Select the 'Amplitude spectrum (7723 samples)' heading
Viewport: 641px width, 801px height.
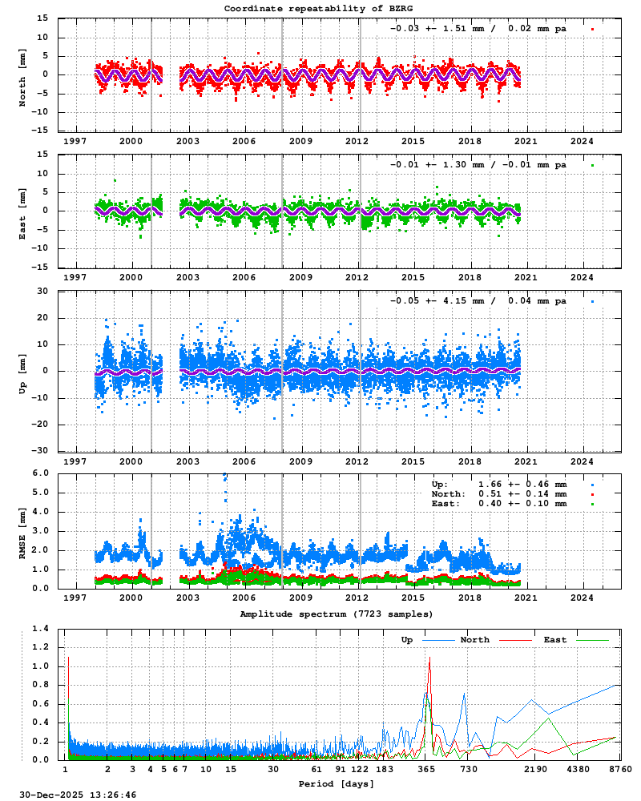[x=337, y=614]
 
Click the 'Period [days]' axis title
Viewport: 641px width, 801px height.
[x=337, y=783]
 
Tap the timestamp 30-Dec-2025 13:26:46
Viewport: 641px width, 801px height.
[x=68, y=795]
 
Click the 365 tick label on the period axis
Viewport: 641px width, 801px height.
[x=426, y=769]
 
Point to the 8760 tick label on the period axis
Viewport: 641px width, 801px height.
[x=620, y=769]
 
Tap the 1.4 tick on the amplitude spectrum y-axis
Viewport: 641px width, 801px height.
[x=50, y=629]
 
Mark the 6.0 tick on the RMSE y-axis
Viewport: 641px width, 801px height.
[x=50, y=473]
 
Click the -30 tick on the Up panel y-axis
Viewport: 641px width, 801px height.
[x=46, y=450]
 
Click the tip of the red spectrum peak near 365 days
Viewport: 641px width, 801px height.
[x=429, y=658]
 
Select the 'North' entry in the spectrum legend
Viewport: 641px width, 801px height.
[x=475, y=640]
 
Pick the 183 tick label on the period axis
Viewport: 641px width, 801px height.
[x=385, y=769]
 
